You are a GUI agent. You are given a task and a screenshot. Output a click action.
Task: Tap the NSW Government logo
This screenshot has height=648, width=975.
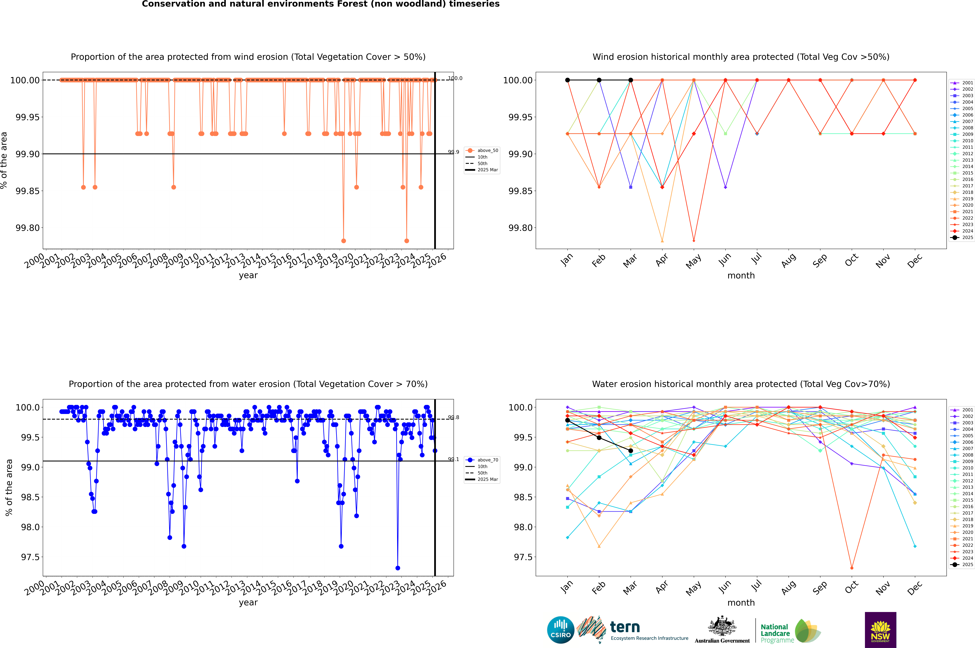point(880,630)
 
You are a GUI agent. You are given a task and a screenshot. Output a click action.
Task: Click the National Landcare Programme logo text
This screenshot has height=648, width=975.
point(775,633)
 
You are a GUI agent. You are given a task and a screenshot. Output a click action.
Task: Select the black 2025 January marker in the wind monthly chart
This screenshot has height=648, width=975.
point(568,80)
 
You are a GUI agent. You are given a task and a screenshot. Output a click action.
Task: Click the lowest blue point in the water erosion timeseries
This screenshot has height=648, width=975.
point(398,568)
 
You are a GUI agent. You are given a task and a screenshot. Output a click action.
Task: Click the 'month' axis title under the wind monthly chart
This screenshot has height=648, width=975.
point(741,276)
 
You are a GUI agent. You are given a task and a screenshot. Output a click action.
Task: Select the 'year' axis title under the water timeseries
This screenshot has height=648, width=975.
point(248,603)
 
